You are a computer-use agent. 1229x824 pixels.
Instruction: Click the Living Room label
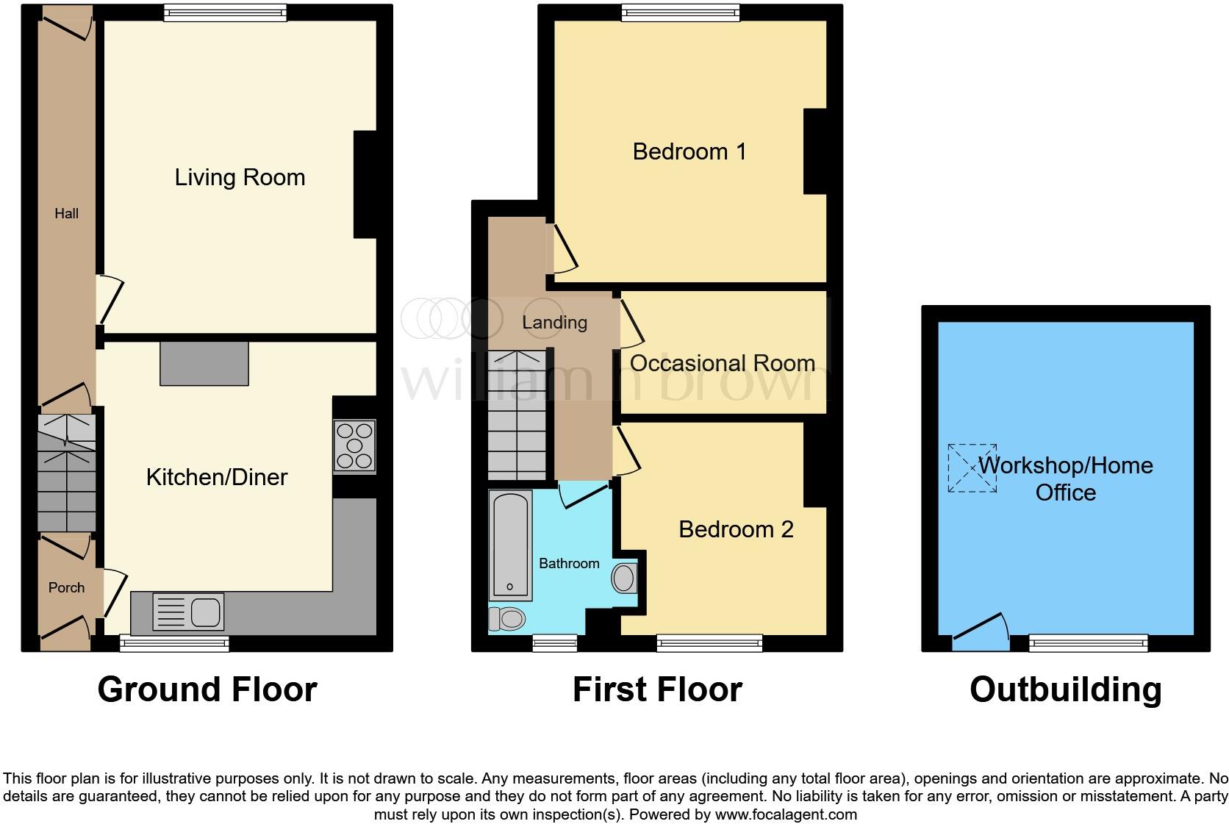coord(240,177)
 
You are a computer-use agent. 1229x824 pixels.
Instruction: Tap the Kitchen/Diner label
coord(217,477)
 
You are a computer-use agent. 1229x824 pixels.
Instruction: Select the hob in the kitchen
coord(354,445)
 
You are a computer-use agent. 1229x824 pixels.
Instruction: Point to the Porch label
coord(66,587)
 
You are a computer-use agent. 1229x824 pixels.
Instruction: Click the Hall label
coord(66,213)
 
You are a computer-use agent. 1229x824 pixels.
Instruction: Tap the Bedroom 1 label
coord(689,151)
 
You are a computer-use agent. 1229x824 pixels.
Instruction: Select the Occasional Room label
coord(722,363)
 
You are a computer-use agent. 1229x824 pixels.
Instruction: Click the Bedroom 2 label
coord(736,529)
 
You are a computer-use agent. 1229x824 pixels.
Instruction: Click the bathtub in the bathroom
coord(509,545)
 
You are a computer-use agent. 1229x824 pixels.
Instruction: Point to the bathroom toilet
coord(506,618)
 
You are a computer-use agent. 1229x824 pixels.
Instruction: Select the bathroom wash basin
coord(624,578)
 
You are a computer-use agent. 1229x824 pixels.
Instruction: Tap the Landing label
coord(554,322)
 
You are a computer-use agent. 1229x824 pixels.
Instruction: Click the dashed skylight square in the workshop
coord(972,468)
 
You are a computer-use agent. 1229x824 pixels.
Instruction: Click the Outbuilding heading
coord(1065,689)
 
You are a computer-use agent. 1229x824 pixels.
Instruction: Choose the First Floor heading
coord(657,689)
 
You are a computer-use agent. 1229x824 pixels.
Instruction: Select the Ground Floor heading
coord(207,689)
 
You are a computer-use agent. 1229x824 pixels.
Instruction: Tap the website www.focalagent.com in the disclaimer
coord(786,814)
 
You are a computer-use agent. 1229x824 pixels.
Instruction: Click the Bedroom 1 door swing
coord(565,250)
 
